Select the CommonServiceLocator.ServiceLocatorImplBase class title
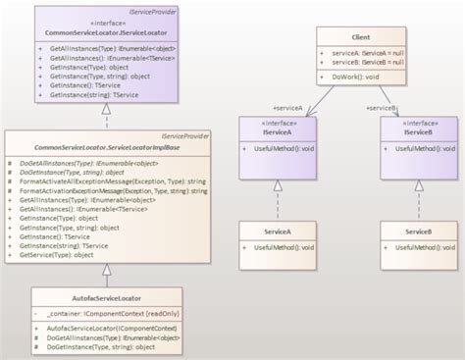click(x=106, y=146)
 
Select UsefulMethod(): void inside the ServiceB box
click(x=417, y=247)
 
